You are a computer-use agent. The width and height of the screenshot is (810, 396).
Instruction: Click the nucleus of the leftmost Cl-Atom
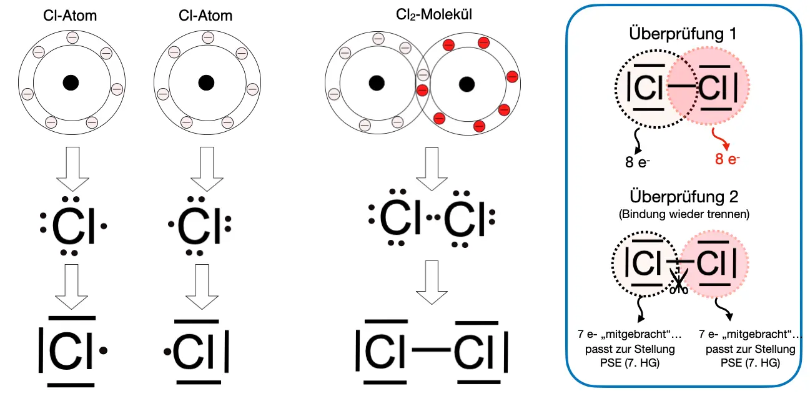[71, 82]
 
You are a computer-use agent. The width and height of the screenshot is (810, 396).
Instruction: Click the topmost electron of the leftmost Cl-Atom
[72, 39]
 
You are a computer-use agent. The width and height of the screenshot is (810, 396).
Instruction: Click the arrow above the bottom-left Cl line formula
[71, 285]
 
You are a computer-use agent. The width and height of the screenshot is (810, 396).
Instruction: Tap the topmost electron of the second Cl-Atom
[207, 39]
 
